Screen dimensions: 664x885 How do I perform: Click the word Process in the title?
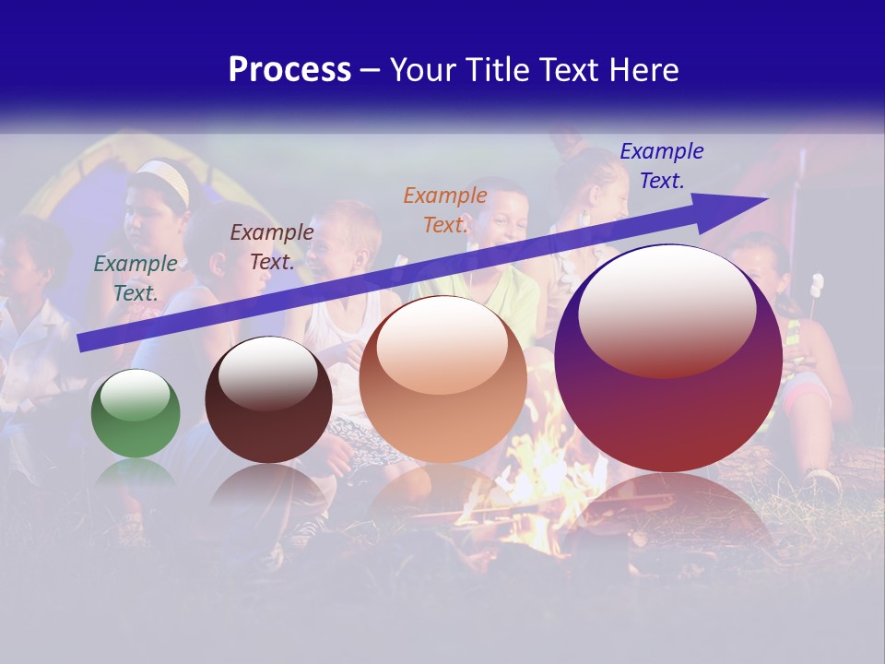pos(289,70)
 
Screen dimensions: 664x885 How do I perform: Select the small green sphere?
pos(136,414)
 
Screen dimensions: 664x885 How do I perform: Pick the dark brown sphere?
pos(268,400)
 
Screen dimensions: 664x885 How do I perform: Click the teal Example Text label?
pos(136,278)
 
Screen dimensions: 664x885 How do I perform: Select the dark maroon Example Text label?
pos(272,247)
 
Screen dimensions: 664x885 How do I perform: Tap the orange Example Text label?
pos(445,209)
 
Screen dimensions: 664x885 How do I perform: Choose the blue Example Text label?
pos(662,165)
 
